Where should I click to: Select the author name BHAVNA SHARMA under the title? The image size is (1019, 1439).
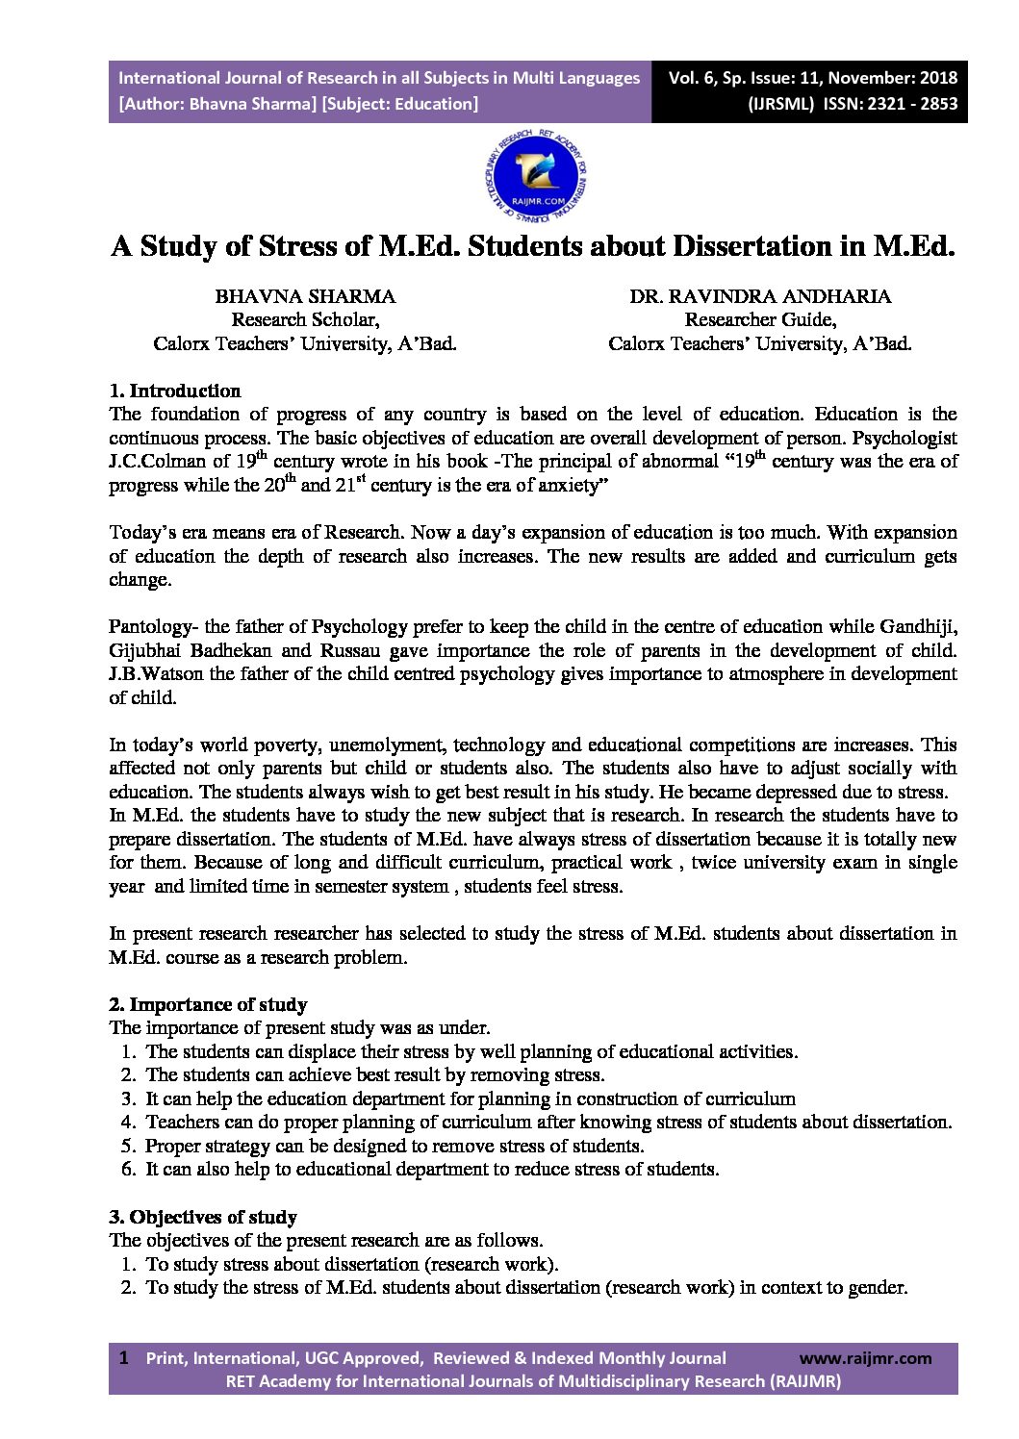(305, 296)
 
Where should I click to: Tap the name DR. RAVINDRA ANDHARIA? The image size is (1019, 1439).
(760, 296)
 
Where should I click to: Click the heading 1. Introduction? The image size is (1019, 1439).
(175, 391)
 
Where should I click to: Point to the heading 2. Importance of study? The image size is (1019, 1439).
(208, 1005)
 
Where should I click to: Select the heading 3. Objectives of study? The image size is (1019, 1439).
(203, 1217)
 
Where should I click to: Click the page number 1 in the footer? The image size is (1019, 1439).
(123, 1358)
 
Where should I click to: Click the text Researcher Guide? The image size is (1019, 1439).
(760, 320)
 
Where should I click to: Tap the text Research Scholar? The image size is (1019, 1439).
(305, 320)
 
